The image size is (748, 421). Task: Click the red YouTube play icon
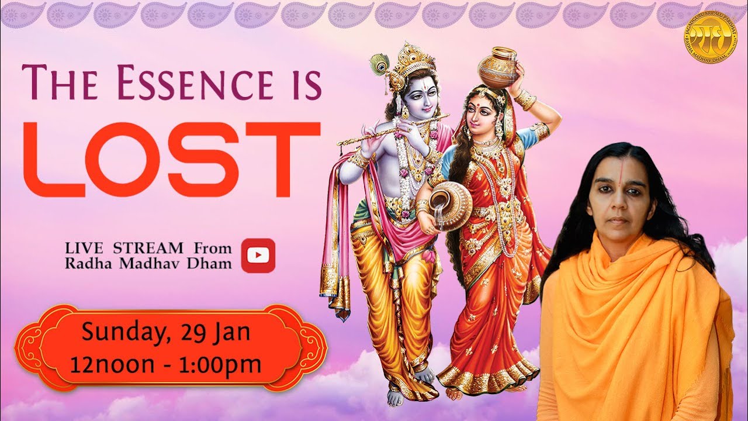258,256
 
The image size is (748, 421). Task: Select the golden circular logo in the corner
711,36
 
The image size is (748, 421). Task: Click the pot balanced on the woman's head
498,67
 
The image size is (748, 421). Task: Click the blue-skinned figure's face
421,96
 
